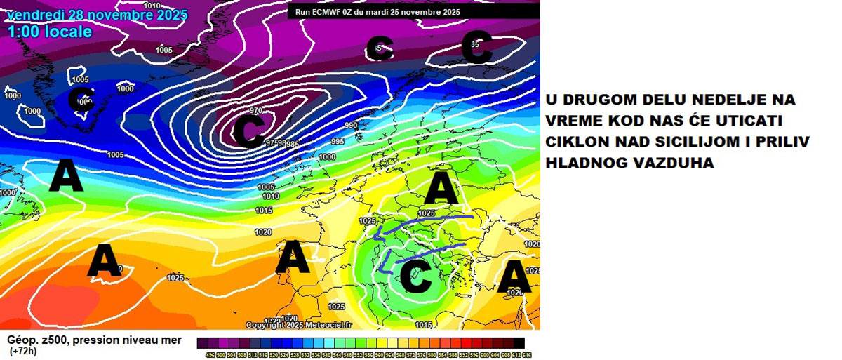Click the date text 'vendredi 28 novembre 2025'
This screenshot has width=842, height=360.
point(97,13)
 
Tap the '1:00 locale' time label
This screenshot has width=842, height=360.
point(50,31)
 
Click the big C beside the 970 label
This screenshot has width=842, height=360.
point(248,132)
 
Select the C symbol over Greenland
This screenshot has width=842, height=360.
point(81,100)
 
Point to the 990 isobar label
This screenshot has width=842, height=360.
point(351,126)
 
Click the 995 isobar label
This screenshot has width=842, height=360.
point(338,142)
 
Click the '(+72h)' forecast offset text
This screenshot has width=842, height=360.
point(23,351)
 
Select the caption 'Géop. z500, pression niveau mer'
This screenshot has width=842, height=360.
point(95,340)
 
